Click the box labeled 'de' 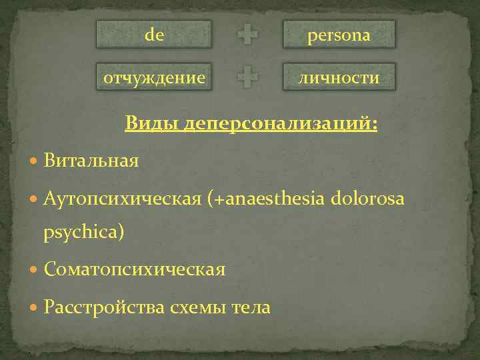[154, 35]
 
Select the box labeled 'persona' [339, 35]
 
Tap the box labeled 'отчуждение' [154, 77]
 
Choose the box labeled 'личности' [339, 77]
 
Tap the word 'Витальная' [91, 161]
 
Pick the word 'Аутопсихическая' [123, 198]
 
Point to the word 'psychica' [83, 233]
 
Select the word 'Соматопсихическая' [135, 270]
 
